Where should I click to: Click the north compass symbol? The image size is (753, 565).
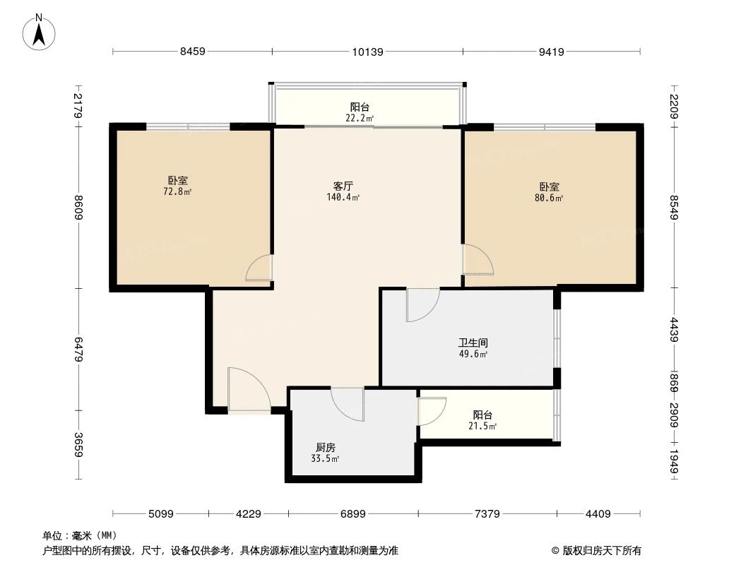(40, 32)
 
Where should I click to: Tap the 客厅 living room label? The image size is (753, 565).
(343, 186)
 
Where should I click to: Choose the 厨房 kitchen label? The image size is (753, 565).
(325, 447)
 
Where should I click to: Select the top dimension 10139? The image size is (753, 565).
(367, 52)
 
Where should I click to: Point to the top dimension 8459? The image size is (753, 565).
(192, 52)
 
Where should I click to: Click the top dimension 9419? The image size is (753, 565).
(552, 52)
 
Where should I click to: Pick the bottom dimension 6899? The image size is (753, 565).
(352, 514)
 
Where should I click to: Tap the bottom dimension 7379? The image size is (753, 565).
(487, 514)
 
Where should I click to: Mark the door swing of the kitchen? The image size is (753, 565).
(348, 404)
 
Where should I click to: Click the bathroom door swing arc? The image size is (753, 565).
(422, 305)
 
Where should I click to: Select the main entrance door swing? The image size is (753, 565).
(247, 388)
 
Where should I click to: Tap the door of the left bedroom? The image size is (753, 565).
(260, 268)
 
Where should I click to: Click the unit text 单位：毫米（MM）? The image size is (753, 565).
(79, 535)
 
